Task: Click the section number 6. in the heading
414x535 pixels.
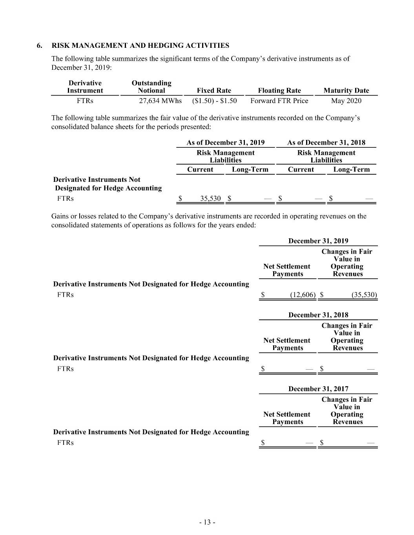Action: (x=40, y=45)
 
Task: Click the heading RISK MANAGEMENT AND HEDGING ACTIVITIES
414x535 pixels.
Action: (x=140, y=45)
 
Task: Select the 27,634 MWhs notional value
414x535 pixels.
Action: (x=160, y=101)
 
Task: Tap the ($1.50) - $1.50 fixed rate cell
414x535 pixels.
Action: (x=214, y=101)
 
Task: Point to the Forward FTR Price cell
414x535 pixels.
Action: (x=279, y=101)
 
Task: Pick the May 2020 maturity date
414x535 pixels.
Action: (x=346, y=101)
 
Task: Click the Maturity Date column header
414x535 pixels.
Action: (x=346, y=91)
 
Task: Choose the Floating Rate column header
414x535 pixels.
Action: (x=279, y=91)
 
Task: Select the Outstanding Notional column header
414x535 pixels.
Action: (x=151, y=87)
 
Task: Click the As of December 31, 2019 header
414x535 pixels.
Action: (x=225, y=143)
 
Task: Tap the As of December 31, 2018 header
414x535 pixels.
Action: (x=326, y=143)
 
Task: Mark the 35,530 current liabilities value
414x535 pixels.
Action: (x=210, y=198)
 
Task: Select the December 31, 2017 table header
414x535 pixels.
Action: (x=318, y=389)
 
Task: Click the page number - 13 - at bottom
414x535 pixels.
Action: (x=207, y=522)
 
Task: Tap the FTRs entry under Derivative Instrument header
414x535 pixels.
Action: (x=85, y=101)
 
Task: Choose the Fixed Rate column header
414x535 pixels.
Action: (x=214, y=91)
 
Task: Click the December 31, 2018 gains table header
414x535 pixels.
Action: (x=318, y=315)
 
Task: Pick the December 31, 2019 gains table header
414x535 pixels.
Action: (x=318, y=241)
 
